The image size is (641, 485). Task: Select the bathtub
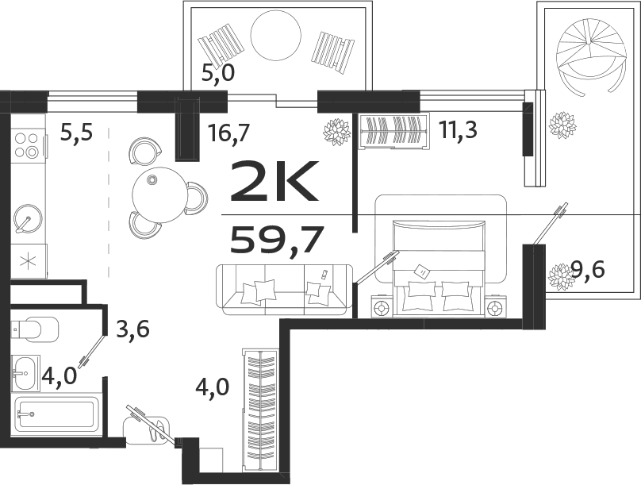click(x=56, y=414)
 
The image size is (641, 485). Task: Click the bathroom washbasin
click(x=25, y=371)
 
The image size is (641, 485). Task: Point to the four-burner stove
click(x=26, y=145)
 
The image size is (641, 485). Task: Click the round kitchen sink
click(x=29, y=217)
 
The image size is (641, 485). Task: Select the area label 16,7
click(x=229, y=132)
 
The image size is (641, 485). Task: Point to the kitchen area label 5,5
click(x=76, y=133)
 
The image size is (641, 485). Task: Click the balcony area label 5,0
click(x=220, y=74)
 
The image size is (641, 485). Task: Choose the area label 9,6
click(x=588, y=271)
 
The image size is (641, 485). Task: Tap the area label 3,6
click(x=134, y=327)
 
